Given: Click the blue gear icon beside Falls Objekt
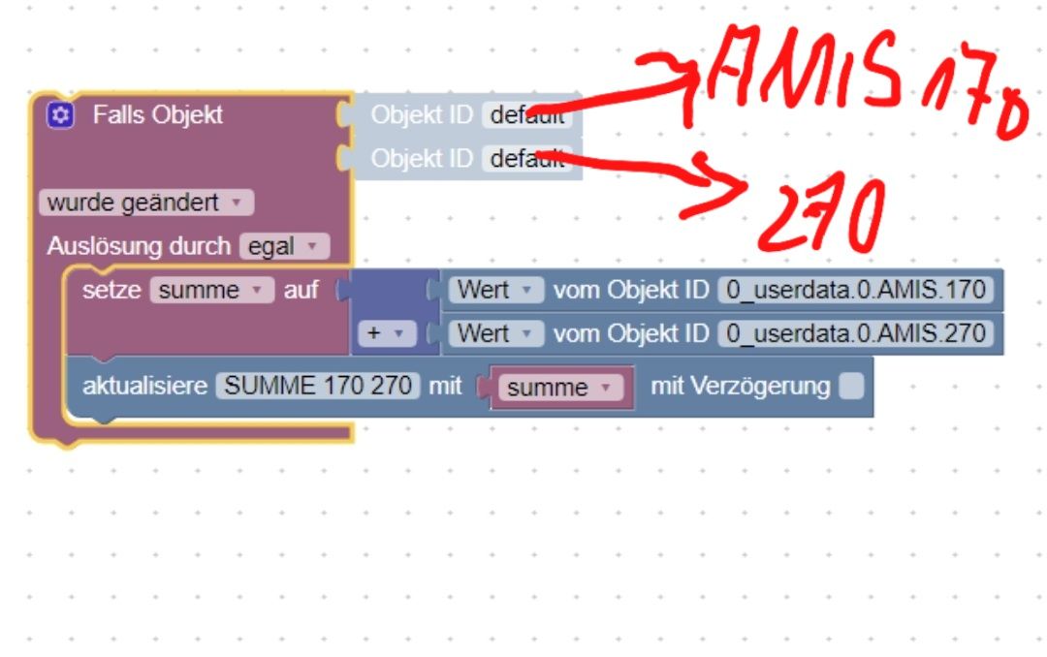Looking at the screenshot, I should pyautogui.click(x=60, y=115).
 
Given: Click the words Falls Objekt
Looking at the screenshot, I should pyautogui.click(x=158, y=115).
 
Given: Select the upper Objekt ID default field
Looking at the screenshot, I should pyautogui.click(x=526, y=115).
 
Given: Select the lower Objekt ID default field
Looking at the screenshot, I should pyautogui.click(x=526, y=159).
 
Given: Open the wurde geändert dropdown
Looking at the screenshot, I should pyautogui.click(x=146, y=203).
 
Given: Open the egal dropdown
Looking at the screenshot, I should pyautogui.click(x=284, y=246).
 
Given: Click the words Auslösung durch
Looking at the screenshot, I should pyautogui.click(x=139, y=246).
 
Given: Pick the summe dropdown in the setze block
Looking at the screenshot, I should pyautogui.click(x=211, y=290).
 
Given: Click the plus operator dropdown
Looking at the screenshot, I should pyautogui.click(x=386, y=334).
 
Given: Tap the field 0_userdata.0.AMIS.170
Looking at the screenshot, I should pyautogui.click(x=856, y=290).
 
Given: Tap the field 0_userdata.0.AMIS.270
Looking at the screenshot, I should pyautogui.click(x=856, y=334).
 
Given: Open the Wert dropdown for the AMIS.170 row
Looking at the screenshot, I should pyautogui.click(x=495, y=290).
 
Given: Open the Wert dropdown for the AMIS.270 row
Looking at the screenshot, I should pyautogui.click(x=495, y=334).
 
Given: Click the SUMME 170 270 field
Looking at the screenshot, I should pyautogui.click(x=318, y=386).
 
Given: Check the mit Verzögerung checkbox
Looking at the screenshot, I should pyautogui.click(x=850, y=387).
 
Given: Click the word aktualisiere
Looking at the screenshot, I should pyautogui.click(x=144, y=386).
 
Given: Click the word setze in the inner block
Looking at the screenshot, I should pyautogui.click(x=111, y=290).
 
